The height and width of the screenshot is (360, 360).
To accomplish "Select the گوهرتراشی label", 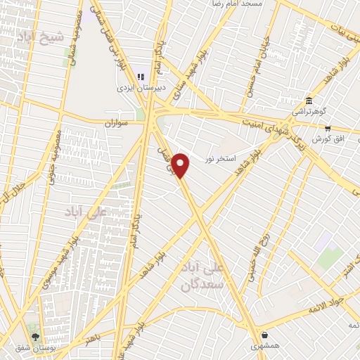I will point(309,112).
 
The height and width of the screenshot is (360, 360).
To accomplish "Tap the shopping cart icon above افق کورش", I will point(328,128).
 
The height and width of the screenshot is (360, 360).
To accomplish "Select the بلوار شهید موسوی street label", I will point(79,240).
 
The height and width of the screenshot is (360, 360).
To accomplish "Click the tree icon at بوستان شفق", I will point(35,336).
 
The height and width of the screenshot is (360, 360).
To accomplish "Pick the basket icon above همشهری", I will point(264,335).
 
